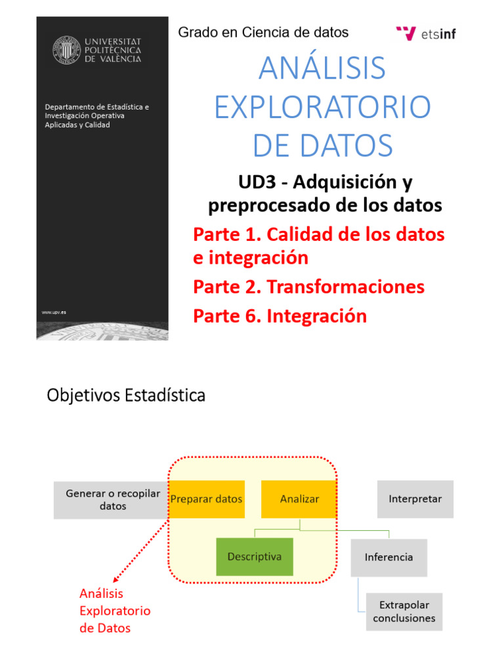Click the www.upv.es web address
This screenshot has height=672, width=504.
coord(54,312)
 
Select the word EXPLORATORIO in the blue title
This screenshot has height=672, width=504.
coord(323,107)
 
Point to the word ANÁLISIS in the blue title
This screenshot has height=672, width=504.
coord(322,69)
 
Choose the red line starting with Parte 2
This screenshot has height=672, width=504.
coord(308,287)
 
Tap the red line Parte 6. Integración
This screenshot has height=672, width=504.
coord(280,316)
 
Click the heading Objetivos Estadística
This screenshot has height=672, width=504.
coord(126,396)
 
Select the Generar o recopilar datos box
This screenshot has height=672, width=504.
coord(112,499)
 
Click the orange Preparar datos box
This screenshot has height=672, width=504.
coord(206,499)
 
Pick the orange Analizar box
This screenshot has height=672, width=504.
coord(299,499)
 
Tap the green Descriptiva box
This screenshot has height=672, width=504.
coord(254,556)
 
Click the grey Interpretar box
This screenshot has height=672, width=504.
coord(415,499)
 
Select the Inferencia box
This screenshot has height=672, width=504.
coord(388,557)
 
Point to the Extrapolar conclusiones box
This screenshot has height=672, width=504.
coord(404,612)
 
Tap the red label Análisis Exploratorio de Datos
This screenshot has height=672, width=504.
coord(114,610)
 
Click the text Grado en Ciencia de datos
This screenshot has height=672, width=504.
coord(263,32)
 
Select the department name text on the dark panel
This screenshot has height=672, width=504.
coord(96,115)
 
